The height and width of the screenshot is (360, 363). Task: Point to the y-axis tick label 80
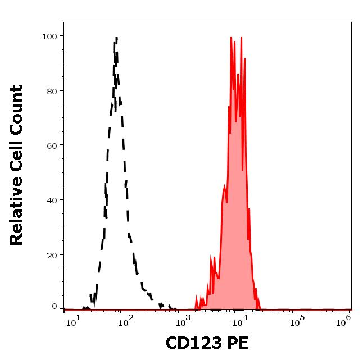point(51,90)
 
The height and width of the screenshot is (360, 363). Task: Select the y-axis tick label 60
point(51,145)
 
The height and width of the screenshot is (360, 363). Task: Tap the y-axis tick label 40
point(51,199)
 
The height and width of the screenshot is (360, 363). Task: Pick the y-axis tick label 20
point(51,254)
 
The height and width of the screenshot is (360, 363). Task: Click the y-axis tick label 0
point(54,307)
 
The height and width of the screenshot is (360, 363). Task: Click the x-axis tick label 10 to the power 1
point(71,322)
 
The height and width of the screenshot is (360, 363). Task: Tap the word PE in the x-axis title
point(237,343)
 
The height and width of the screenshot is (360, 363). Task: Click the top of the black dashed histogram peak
point(116,38)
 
